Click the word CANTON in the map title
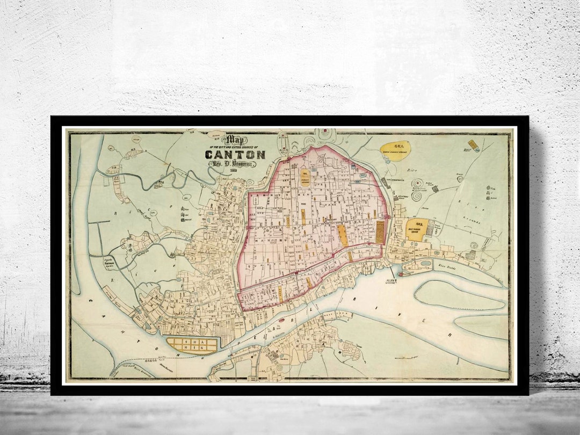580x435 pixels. [x=235, y=155]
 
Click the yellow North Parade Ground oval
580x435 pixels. [x=396, y=149]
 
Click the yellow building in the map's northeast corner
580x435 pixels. [x=473, y=144]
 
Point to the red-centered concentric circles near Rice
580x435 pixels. [x=417, y=184]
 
